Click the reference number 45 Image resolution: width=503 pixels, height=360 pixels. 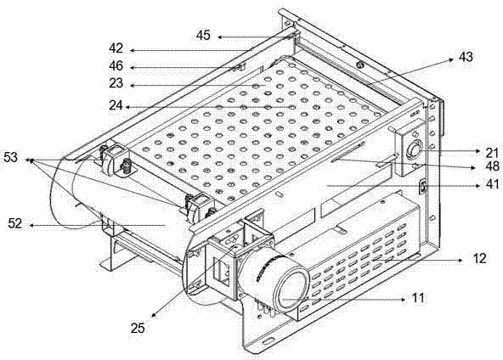(x=203, y=35)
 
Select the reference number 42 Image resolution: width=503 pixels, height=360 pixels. (x=116, y=48)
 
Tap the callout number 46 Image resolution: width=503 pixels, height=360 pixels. (x=116, y=65)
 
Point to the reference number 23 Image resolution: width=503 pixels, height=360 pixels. (x=116, y=83)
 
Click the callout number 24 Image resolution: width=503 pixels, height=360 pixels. (x=116, y=104)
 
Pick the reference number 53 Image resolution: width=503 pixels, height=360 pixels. (x=10, y=157)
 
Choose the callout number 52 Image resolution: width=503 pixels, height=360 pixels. (x=15, y=223)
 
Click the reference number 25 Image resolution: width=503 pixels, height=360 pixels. (x=138, y=328)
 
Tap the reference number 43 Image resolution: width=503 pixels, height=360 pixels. (x=466, y=57)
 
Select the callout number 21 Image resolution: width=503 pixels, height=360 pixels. (x=491, y=153)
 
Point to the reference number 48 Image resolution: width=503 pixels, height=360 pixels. (x=492, y=166)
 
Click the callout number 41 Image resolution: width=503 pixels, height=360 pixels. (x=492, y=184)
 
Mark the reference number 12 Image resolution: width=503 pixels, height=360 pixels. (x=479, y=258)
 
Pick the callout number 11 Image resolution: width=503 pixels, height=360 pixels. (x=418, y=298)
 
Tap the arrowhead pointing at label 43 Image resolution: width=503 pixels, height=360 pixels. (x=450, y=59)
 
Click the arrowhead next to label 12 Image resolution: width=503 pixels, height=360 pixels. (x=461, y=261)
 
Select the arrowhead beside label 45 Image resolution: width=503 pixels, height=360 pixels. (x=220, y=37)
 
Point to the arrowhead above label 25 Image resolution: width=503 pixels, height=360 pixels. (x=154, y=315)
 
